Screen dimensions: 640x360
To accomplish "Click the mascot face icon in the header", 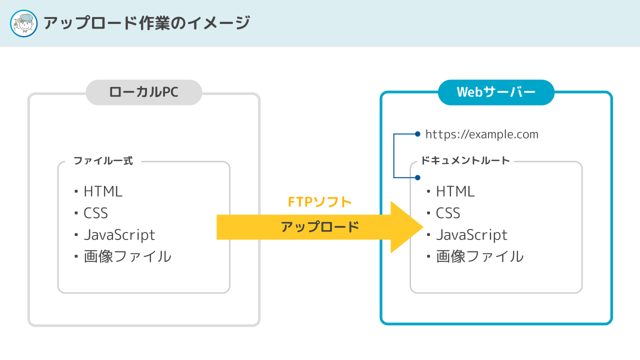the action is pos(23,23).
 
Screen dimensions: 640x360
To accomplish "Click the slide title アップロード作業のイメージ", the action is pos(147,23).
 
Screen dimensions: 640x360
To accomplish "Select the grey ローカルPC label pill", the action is pos(144,92).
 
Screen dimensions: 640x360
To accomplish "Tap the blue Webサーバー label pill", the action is pos(496,92).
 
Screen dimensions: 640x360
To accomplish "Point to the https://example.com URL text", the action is pos(481,134).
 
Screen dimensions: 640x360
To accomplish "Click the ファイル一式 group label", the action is pos(103,161).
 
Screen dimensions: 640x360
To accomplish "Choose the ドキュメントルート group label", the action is pos(465,160).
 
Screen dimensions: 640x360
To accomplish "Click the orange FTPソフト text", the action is pos(319,202).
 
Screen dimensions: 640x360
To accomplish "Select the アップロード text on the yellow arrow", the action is pos(320,227).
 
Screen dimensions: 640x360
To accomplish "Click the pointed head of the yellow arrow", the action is pos(423,227).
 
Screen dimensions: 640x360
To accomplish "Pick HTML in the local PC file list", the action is pos(103,191).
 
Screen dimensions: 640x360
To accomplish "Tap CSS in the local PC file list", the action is pos(95,213).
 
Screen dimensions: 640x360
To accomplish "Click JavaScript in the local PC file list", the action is pos(119,235).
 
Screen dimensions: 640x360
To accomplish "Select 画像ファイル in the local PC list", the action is pos(127,256).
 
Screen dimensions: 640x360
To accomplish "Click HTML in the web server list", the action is pos(455,191).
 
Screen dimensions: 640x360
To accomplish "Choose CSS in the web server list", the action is pos(448,213).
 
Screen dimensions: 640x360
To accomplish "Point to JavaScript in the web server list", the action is pos(471,235).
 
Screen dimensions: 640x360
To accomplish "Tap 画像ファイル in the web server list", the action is pos(479,256).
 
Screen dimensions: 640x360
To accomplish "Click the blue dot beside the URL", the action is pos(417,134).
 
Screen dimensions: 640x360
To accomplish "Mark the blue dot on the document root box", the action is pos(417,177).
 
